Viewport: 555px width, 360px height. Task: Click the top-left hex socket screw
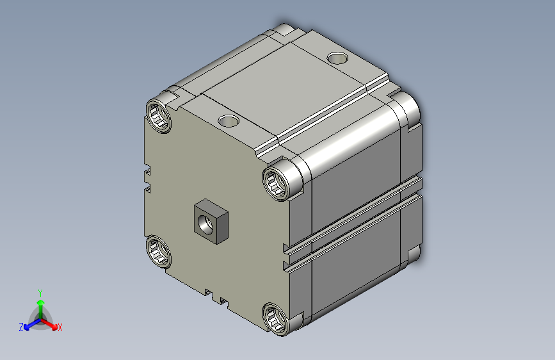(159, 117)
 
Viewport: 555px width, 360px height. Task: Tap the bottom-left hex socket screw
(159, 252)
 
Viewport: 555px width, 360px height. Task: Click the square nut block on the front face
(211, 222)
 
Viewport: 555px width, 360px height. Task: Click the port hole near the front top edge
(229, 121)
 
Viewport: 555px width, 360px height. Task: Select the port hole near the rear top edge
(337, 58)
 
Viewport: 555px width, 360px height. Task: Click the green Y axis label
(40, 293)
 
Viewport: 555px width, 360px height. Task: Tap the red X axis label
(60, 328)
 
